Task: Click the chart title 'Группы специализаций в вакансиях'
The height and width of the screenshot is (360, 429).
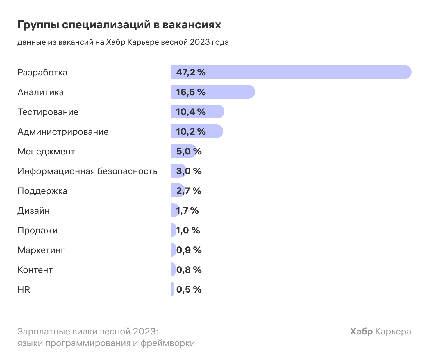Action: point(119,25)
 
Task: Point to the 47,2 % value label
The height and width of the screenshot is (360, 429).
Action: point(191,72)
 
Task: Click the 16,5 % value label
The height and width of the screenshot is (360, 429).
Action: point(191,92)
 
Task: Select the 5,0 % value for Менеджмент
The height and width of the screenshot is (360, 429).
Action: point(189,151)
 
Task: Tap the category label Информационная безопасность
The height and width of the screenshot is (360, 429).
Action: point(87,171)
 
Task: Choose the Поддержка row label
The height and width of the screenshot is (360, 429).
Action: point(42,191)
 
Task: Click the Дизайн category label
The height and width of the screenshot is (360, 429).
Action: point(33,210)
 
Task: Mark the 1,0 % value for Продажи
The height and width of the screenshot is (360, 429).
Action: point(188,230)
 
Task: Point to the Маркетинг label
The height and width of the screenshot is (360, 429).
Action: point(41,250)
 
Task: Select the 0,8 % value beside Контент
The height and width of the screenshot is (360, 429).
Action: point(189,270)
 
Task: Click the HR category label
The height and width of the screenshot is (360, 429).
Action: point(24,289)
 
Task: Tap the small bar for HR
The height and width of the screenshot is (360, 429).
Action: point(173,289)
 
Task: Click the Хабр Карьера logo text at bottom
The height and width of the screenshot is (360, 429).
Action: point(380,331)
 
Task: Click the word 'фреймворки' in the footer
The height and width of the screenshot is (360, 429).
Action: point(168,343)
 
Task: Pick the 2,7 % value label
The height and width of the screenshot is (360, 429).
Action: point(189,191)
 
